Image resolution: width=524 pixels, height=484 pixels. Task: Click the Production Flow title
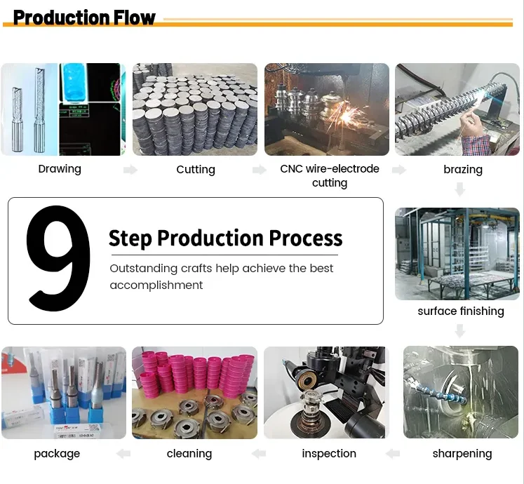(x=84, y=17)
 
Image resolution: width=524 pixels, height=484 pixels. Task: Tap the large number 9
(x=58, y=259)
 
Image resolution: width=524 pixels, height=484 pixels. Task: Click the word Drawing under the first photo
(x=60, y=169)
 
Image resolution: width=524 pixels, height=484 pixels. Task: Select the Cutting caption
(x=196, y=170)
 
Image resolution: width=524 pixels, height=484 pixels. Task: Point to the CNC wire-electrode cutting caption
(x=330, y=176)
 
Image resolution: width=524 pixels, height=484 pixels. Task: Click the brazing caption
(x=463, y=170)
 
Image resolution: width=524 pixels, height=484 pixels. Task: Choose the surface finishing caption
(x=461, y=311)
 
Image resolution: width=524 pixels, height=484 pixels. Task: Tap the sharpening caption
(x=462, y=454)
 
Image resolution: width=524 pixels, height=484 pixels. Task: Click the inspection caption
(x=329, y=454)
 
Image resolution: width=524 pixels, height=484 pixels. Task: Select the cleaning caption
(x=189, y=454)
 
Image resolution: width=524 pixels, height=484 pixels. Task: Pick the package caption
(x=57, y=454)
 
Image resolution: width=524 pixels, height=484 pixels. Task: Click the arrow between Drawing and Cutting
(x=130, y=170)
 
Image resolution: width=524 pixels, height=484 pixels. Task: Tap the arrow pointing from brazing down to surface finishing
(x=460, y=189)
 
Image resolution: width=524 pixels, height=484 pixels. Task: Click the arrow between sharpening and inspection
(x=393, y=454)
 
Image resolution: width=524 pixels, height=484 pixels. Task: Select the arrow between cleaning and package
(x=123, y=454)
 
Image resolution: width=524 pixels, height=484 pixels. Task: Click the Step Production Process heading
(x=225, y=238)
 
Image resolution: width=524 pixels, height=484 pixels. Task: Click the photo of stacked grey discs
(x=196, y=109)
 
